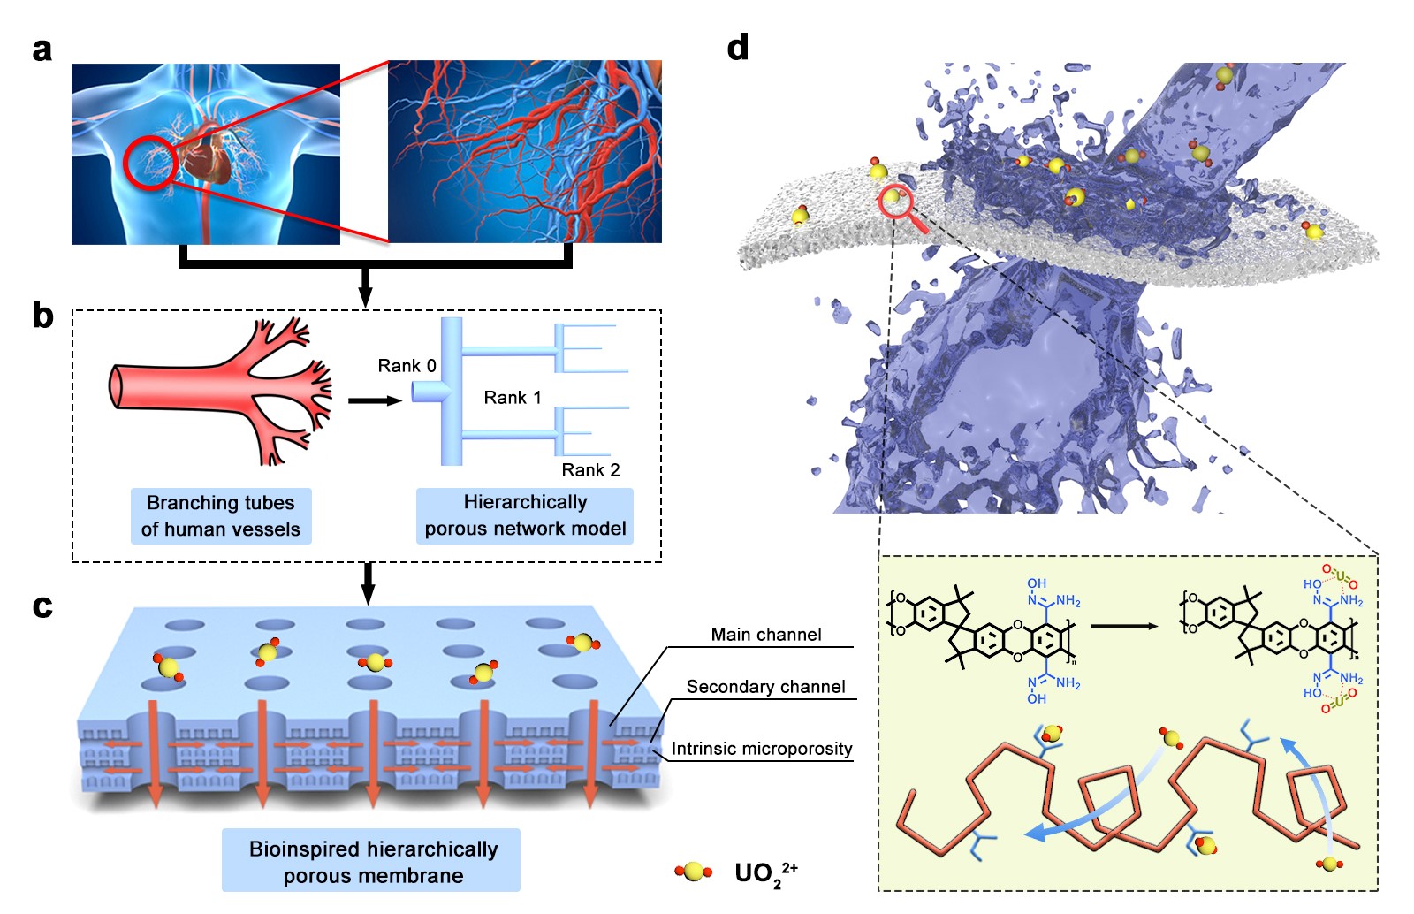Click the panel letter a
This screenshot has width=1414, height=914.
(42, 50)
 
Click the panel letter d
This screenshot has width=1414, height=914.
(738, 47)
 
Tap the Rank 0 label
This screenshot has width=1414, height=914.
(407, 366)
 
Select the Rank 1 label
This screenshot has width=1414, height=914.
(513, 398)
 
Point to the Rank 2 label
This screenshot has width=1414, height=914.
(590, 470)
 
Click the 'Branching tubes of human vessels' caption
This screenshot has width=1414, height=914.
(221, 516)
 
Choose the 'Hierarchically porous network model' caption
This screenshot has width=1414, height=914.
(525, 515)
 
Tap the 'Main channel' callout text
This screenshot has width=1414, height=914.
(766, 635)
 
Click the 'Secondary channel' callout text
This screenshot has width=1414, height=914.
(765, 687)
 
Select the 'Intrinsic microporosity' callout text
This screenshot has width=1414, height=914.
(762, 750)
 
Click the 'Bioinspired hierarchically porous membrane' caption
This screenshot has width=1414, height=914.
(372, 862)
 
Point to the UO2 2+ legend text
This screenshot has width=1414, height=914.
(765, 873)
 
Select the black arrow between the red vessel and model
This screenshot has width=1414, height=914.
(374, 400)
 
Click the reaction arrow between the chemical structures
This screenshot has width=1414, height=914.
(1123, 627)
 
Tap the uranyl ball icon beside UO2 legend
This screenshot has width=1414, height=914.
(694, 872)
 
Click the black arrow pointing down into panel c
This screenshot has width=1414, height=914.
(369, 583)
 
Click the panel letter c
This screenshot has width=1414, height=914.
(42, 606)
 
